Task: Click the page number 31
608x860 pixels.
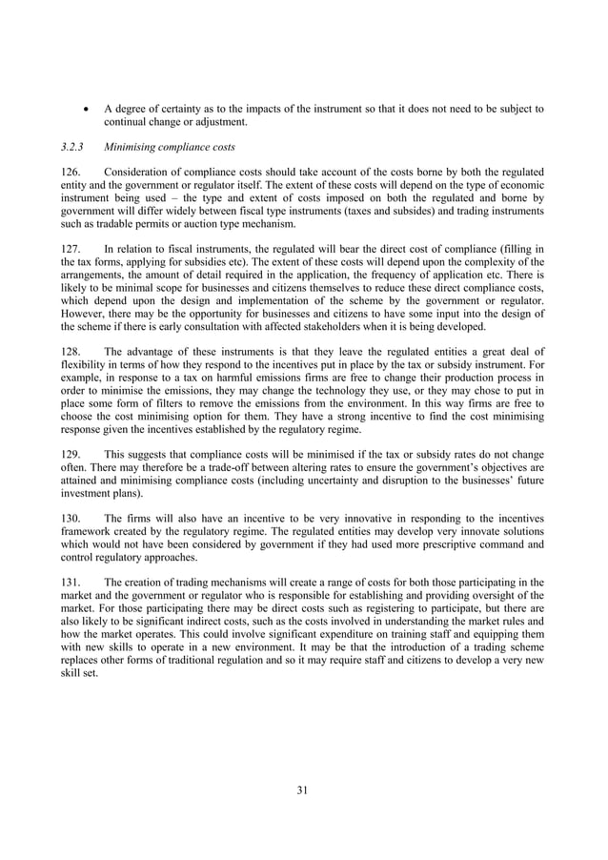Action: tap(303, 788)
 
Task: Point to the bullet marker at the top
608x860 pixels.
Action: tap(88, 109)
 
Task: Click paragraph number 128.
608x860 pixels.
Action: tap(71, 349)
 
